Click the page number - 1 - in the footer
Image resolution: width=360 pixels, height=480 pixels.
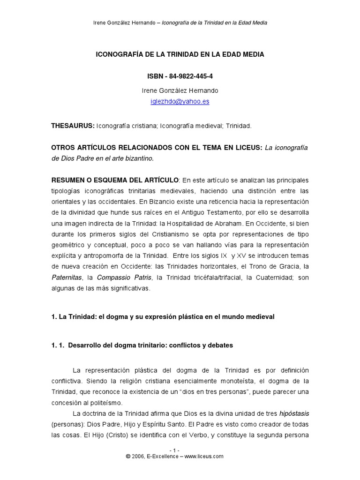click(180, 450)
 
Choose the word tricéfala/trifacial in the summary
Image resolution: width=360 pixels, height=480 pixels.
click(213, 278)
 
